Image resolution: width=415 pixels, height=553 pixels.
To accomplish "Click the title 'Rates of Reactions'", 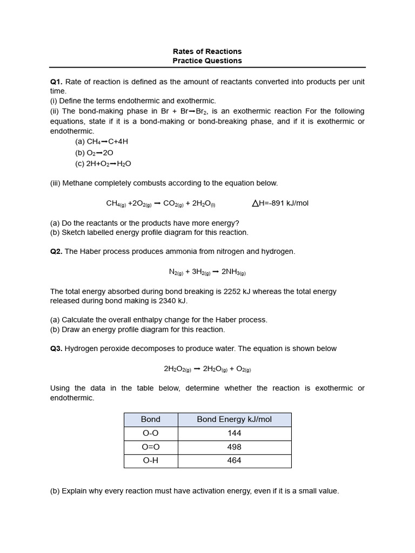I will click(x=207, y=51).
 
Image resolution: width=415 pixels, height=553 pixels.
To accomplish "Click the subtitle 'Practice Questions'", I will click(x=207, y=61).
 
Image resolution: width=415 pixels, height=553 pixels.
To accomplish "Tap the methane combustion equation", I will click(x=160, y=204).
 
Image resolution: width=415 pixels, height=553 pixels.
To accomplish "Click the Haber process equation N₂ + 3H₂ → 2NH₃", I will click(x=207, y=272).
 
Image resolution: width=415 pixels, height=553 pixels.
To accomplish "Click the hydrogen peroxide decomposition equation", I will click(x=207, y=369).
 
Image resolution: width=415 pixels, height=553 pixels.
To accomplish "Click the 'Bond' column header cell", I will click(x=150, y=420).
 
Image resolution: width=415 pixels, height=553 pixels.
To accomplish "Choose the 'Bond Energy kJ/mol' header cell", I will click(x=234, y=420).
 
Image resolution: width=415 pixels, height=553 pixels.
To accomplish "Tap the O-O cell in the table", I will click(x=150, y=433).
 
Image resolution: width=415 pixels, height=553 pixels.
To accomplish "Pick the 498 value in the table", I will click(x=234, y=447).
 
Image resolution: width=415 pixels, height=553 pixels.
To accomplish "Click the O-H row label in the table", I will click(x=150, y=461).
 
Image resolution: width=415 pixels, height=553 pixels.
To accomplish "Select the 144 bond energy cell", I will click(x=234, y=433).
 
